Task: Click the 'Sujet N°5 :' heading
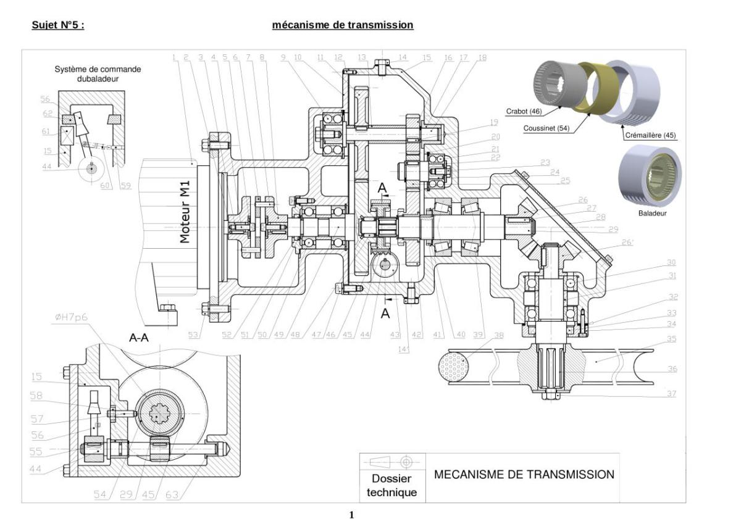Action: click(x=57, y=25)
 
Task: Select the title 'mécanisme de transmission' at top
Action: click(x=342, y=25)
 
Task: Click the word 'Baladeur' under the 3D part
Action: click(x=651, y=214)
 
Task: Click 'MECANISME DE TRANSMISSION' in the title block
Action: click(x=524, y=475)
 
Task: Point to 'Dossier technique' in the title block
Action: click(x=391, y=485)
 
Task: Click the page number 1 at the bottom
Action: click(x=352, y=515)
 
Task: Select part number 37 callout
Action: click(x=672, y=393)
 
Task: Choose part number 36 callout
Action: click(x=672, y=369)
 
